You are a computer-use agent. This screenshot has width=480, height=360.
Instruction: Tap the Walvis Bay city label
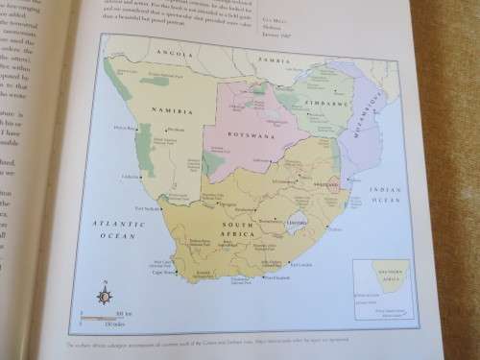coord(128,129)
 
